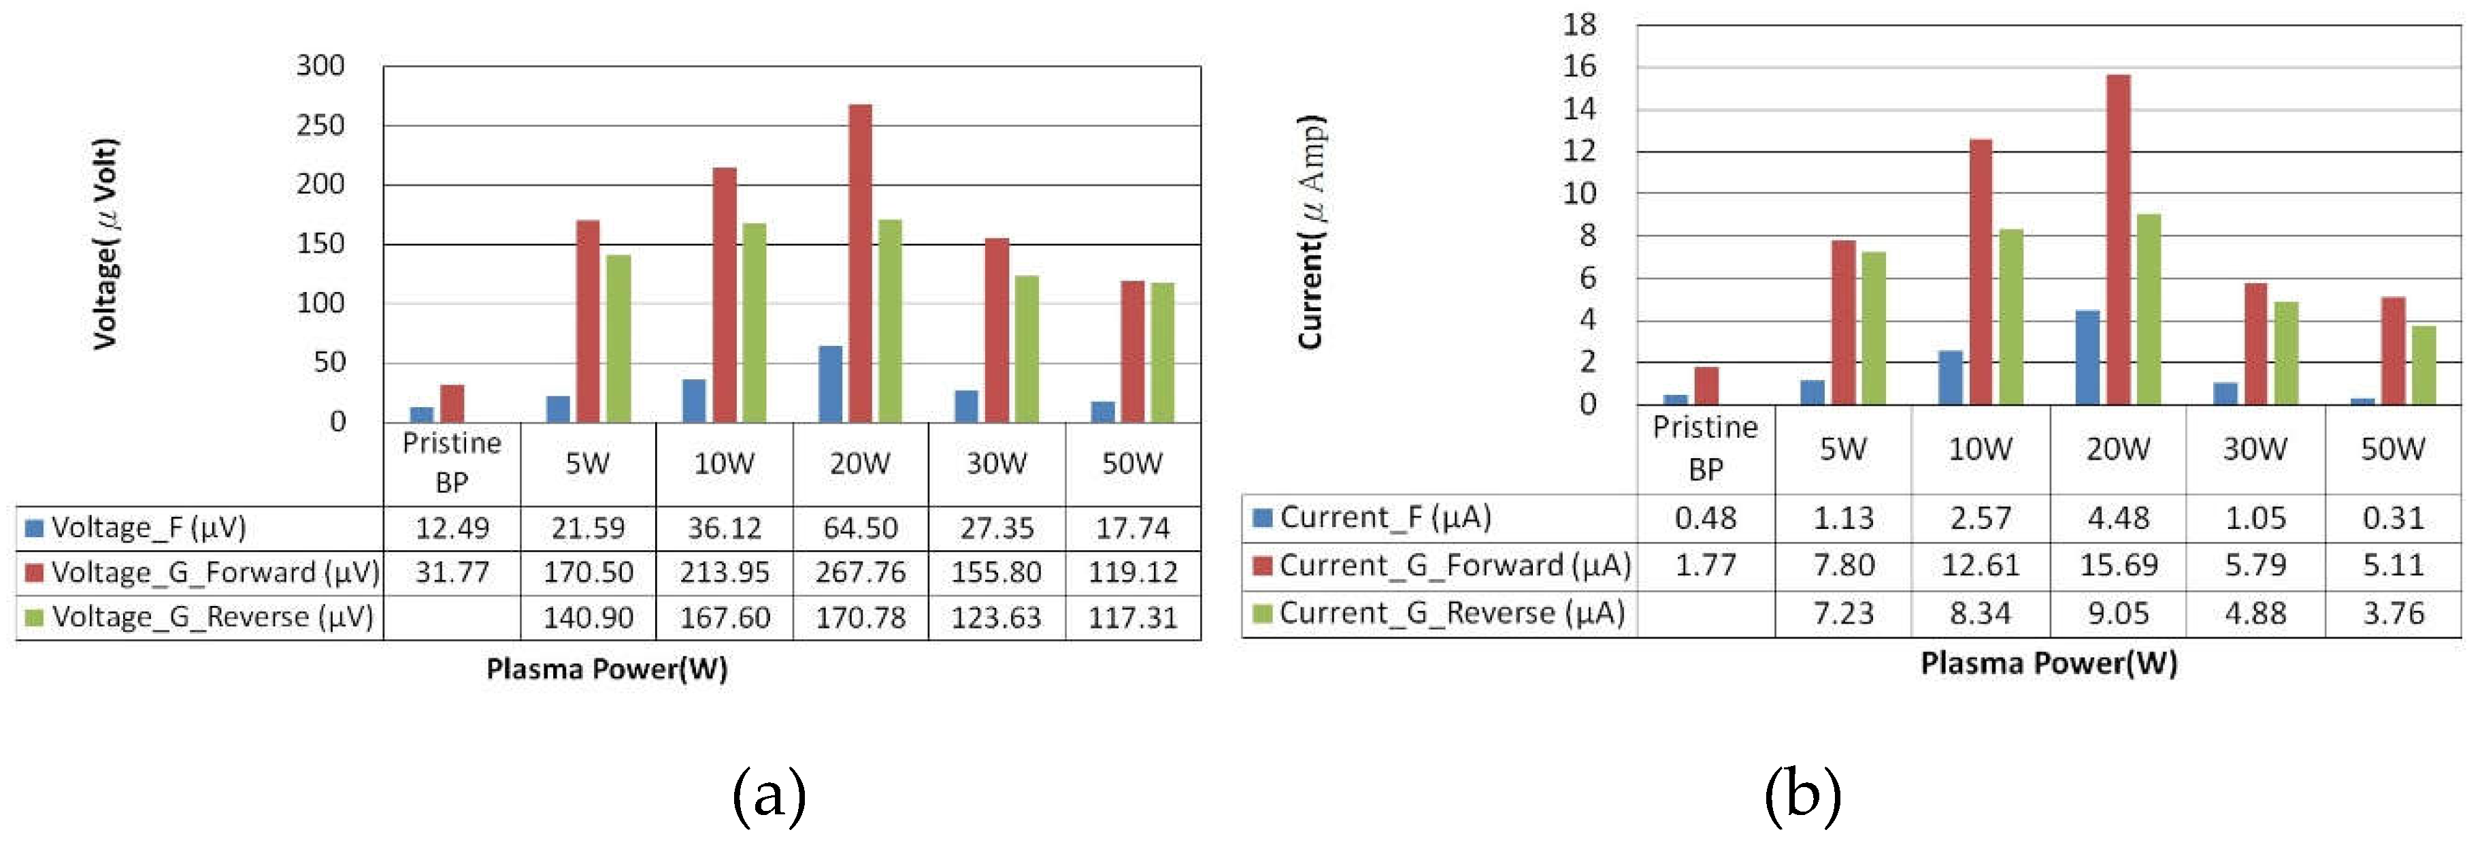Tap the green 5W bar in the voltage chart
(x=618, y=338)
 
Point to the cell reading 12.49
(x=452, y=528)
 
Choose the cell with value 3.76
(x=2392, y=613)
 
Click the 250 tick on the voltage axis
(x=320, y=125)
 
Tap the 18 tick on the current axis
(x=1580, y=25)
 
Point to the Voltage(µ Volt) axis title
(x=106, y=244)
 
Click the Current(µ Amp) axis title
(x=1312, y=232)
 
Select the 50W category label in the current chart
(x=2392, y=449)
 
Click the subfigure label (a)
(x=769, y=796)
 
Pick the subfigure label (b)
(x=1802, y=796)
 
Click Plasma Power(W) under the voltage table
(x=606, y=669)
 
